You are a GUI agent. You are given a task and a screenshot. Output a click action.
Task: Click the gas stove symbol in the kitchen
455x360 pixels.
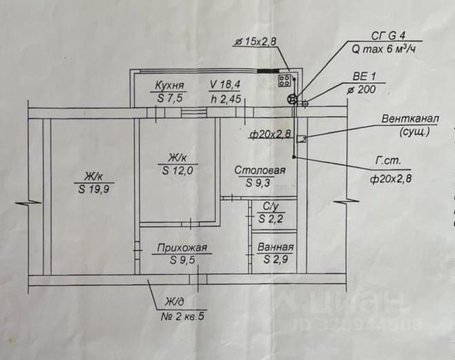pyautogui.click(x=284, y=81)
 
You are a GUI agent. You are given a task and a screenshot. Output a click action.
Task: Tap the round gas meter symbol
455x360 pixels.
pyautogui.click(x=292, y=100)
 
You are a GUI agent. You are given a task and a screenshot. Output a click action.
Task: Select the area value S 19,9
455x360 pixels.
pyautogui.click(x=94, y=189)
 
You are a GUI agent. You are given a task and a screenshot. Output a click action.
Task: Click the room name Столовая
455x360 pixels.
pyautogui.click(x=260, y=170)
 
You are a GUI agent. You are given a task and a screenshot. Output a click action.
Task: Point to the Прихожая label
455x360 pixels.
pyautogui.click(x=182, y=247)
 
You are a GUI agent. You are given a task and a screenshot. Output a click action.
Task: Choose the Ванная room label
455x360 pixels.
pyautogui.click(x=275, y=247)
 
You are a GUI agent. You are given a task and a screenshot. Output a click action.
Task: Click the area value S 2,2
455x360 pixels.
pyautogui.click(x=271, y=218)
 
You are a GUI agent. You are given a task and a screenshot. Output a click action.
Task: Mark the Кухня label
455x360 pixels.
pyautogui.click(x=169, y=86)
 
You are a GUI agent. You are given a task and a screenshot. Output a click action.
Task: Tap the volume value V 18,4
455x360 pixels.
pyautogui.click(x=225, y=85)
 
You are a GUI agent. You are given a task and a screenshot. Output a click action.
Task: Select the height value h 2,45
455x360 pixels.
pyautogui.click(x=226, y=99)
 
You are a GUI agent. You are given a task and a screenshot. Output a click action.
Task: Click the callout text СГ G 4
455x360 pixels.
pyautogui.click(x=388, y=36)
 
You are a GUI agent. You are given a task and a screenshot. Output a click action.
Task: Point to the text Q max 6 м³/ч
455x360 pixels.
pyautogui.click(x=383, y=49)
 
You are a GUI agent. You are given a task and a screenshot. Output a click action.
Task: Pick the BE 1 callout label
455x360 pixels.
pyautogui.click(x=365, y=77)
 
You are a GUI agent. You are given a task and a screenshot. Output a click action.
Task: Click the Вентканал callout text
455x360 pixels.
pyautogui.click(x=410, y=119)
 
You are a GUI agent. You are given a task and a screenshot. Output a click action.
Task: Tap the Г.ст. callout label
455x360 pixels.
pyautogui.click(x=388, y=161)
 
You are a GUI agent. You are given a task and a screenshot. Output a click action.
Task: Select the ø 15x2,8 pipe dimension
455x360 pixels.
pyautogui.click(x=255, y=42)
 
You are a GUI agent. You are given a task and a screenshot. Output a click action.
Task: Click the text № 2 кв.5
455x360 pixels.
pyautogui.click(x=182, y=316)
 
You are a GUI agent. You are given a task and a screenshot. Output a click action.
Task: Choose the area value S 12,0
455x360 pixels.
pyautogui.click(x=177, y=171)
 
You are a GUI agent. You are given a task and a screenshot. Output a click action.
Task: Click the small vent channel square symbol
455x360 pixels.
pyautogui.click(x=302, y=140)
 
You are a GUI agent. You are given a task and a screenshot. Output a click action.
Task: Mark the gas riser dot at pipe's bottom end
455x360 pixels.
pyautogui.click(x=294, y=157)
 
